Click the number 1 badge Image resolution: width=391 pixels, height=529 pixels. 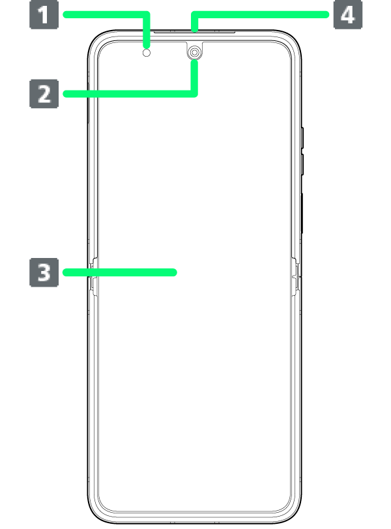(x=44, y=14)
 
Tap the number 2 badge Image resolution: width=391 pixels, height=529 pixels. (x=44, y=93)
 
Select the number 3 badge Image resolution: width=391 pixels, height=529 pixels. (x=44, y=272)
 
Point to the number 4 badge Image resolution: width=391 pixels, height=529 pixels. (x=348, y=14)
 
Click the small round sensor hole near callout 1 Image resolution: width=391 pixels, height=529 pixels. (x=147, y=53)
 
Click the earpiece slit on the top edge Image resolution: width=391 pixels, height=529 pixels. (x=194, y=31)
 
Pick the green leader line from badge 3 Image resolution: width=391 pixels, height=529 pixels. (x=117, y=272)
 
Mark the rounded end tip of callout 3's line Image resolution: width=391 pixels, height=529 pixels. (x=174, y=272)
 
